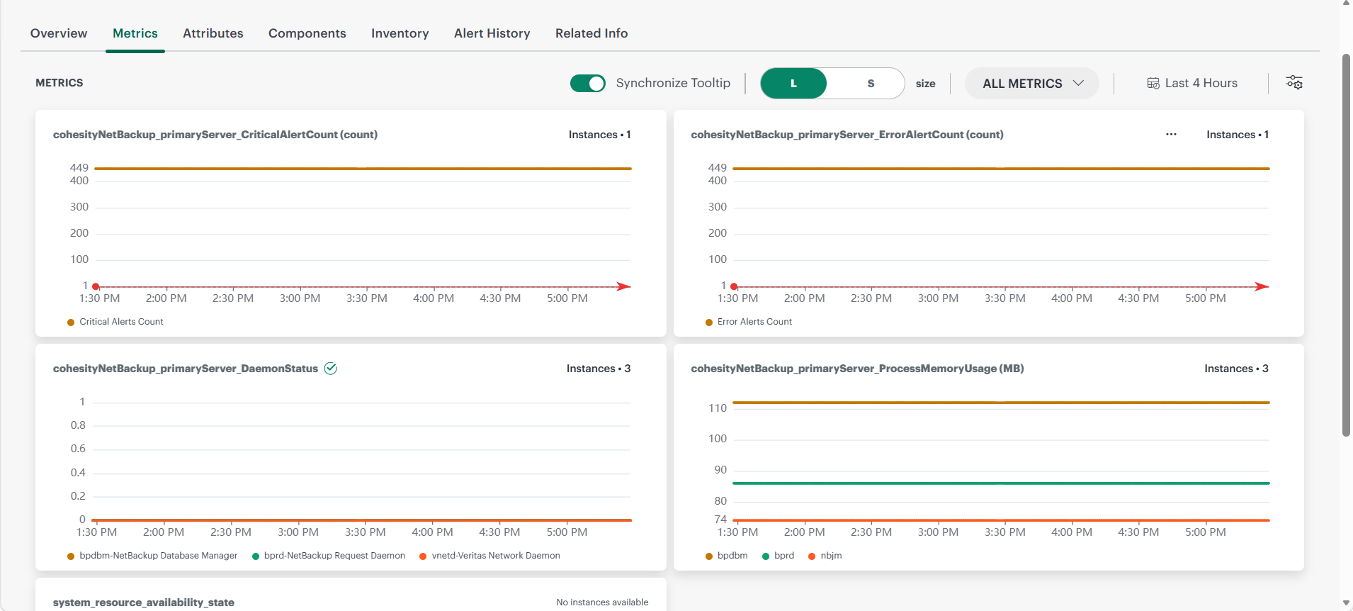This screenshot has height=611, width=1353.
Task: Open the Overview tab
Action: coord(59,33)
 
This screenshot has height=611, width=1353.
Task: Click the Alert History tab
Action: coord(492,33)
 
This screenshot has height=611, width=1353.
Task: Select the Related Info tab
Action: coord(591,33)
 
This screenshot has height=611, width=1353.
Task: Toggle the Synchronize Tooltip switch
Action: coord(588,84)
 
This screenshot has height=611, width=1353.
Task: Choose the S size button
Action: coord(871,84)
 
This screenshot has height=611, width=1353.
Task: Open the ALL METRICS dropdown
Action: coord(1032,84)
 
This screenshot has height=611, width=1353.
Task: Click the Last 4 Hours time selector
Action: coord(1192,84)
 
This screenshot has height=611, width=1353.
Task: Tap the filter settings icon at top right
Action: coord(1294,83)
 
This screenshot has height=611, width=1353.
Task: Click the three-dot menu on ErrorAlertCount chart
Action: coord(1171,135)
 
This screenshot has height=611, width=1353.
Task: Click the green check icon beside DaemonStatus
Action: coord(330,369)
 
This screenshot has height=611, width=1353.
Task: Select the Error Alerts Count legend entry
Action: coord(749,322)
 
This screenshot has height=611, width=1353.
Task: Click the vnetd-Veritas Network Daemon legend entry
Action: coord(490,556)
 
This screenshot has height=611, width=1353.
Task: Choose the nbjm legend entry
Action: coord(825,556)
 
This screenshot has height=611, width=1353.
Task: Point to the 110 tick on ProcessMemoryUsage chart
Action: coord(718,408)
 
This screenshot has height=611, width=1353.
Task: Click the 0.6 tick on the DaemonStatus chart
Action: coord(78,449)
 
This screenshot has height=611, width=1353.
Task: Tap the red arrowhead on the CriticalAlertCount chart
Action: coord(623,286)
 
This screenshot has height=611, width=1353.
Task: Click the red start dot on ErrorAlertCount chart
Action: coord(735,286)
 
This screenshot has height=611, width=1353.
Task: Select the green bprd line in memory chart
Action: coord(1001,483)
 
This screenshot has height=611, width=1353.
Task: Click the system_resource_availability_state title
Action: coord(144,602)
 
